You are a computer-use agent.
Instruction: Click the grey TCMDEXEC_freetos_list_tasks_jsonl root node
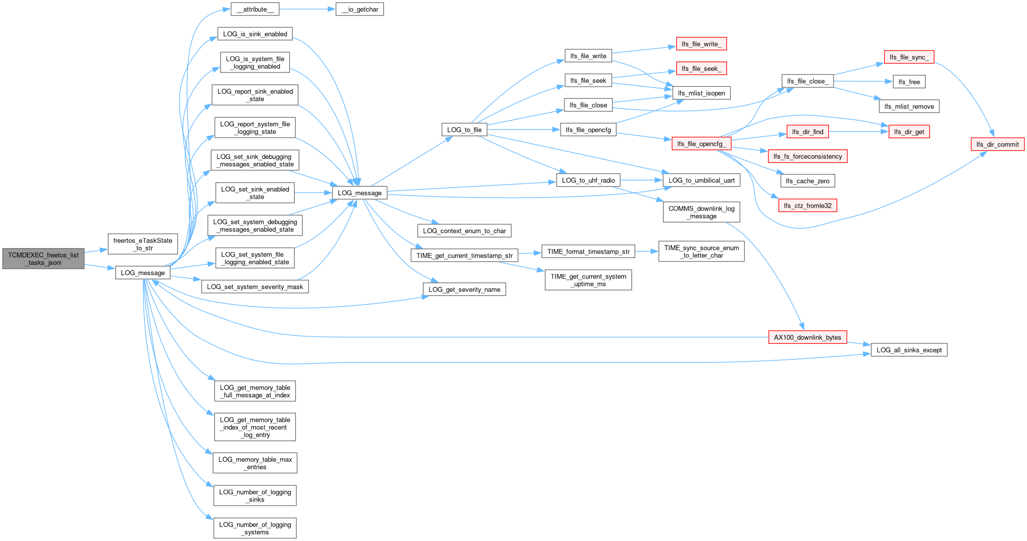(43, 259)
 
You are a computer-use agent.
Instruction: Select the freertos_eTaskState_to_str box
(143, 244)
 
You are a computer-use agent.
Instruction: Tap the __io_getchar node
(360, 9)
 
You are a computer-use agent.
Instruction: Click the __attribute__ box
(255, 9)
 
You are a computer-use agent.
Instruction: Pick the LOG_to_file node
(465, 130)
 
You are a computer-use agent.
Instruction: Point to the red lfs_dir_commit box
(998, 144)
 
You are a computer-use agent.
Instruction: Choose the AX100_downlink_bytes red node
(807, 337)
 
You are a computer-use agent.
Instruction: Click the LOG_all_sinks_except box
(909, 350)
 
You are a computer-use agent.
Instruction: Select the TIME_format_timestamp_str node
(588, 252)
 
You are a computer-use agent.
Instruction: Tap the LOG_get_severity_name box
(465, 289)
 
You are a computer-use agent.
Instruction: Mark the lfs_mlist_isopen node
(702, 93)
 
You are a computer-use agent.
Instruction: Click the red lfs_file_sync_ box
(909, 57)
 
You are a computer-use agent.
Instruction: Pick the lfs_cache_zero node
(807, 181)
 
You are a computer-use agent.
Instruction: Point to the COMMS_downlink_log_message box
(701, 212)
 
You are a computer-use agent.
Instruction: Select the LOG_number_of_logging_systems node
(255, 528)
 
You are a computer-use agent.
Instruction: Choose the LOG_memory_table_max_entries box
(255, 463)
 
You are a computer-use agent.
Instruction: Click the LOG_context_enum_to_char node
(465, 231)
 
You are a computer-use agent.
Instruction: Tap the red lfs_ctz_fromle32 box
(807, 205)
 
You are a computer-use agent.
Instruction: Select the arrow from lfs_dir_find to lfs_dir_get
(859, 132)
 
